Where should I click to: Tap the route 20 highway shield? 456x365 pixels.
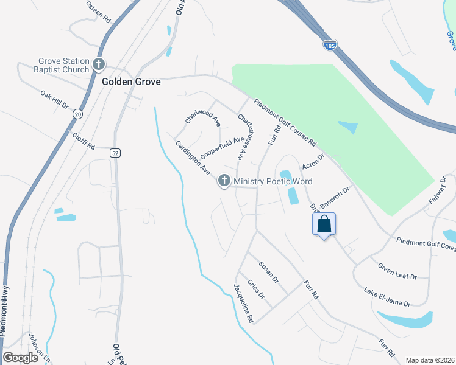pyautogui.click(x=77, y=114)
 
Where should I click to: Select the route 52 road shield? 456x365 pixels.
pyautogui.click(x=115, y=153)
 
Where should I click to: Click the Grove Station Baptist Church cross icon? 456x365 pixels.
pyautogui.click(x=99, y=64)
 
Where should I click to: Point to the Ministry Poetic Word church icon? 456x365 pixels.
pyautogui.click(x=224, y=181)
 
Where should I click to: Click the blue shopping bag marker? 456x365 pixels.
pyautogui.click(x=324, y=224)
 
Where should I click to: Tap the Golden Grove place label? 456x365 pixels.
pyautogui.click(x=131, y=82)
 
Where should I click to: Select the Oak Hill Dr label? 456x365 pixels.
pyautogui.click(x=55, y=100)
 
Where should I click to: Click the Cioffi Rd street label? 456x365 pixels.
pyautogui.click(x=84, y=142)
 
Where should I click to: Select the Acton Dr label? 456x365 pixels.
pyautogui.click(x=314, y=161)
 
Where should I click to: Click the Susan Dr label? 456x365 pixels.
pyautogui.click(x=268, y=273)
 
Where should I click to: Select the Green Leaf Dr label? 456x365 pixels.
pyautogui.click(x=396, y=271)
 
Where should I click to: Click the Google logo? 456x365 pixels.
pyautogui.click(x=20, y=358)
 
